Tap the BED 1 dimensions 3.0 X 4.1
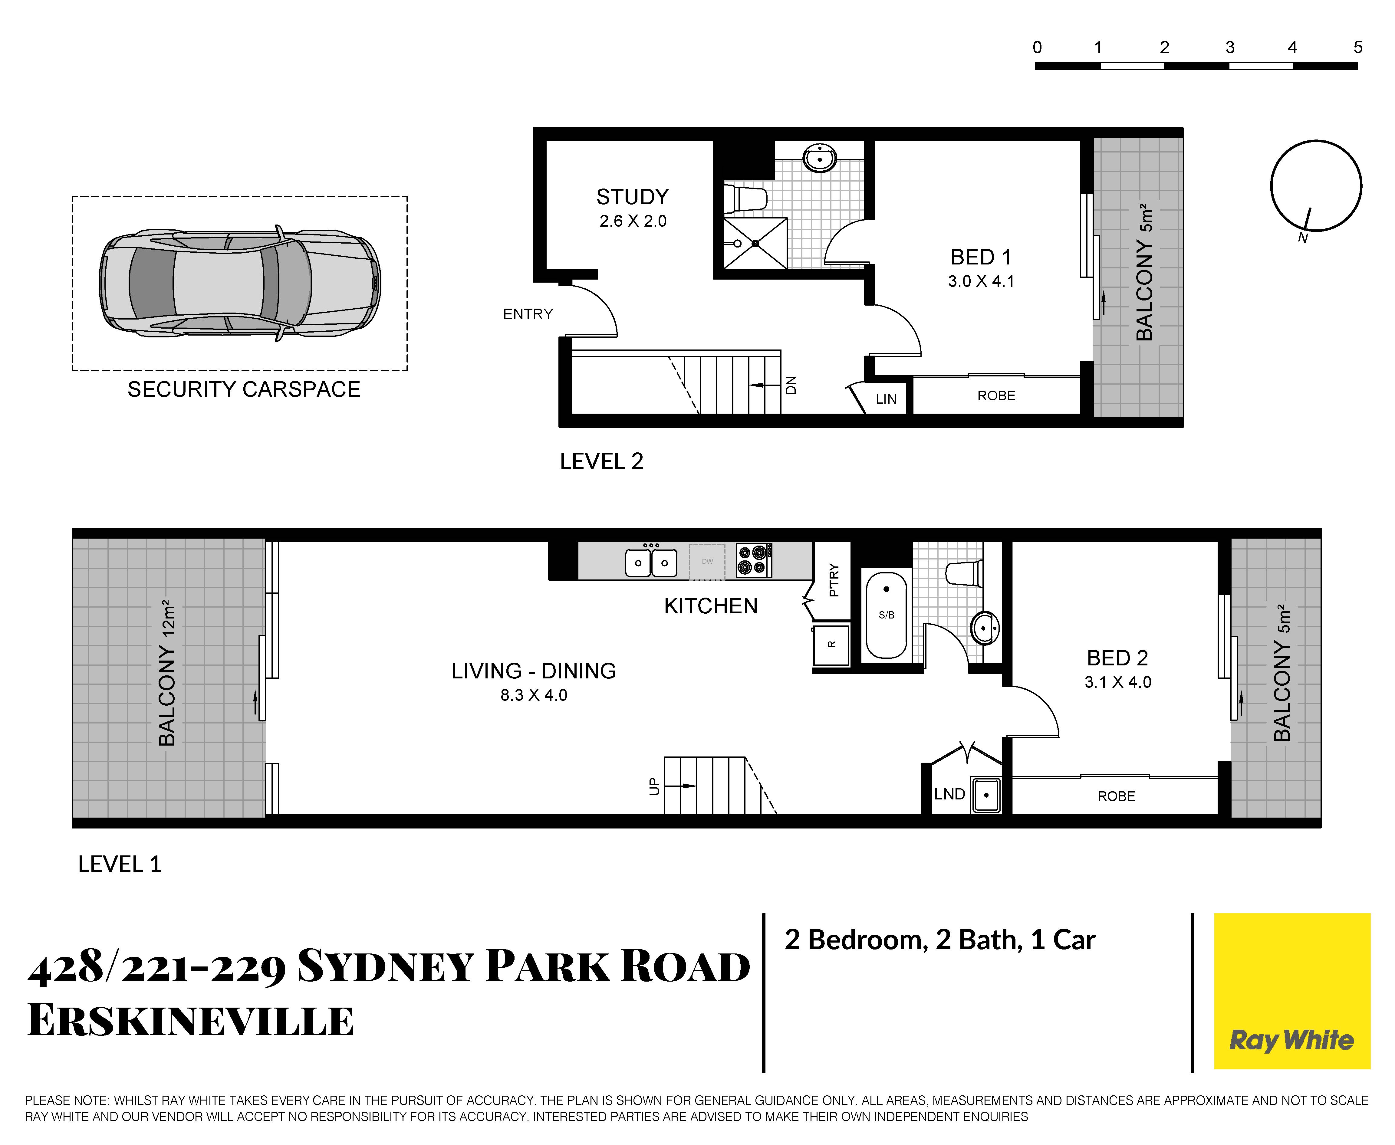pyautogui.click(x=981, y=282)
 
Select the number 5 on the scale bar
pyautogui.click(x=1357, y=48)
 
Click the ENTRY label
pyautogui.click(x=528, y=314)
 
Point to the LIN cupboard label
pyautogui.click(x=886, y=399)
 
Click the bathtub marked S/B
pyautogui.click(x=887, y=615)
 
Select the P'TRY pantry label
pyautogui.click(x=834, y=580)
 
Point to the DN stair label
pyautogui.click(x=791, y=385)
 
